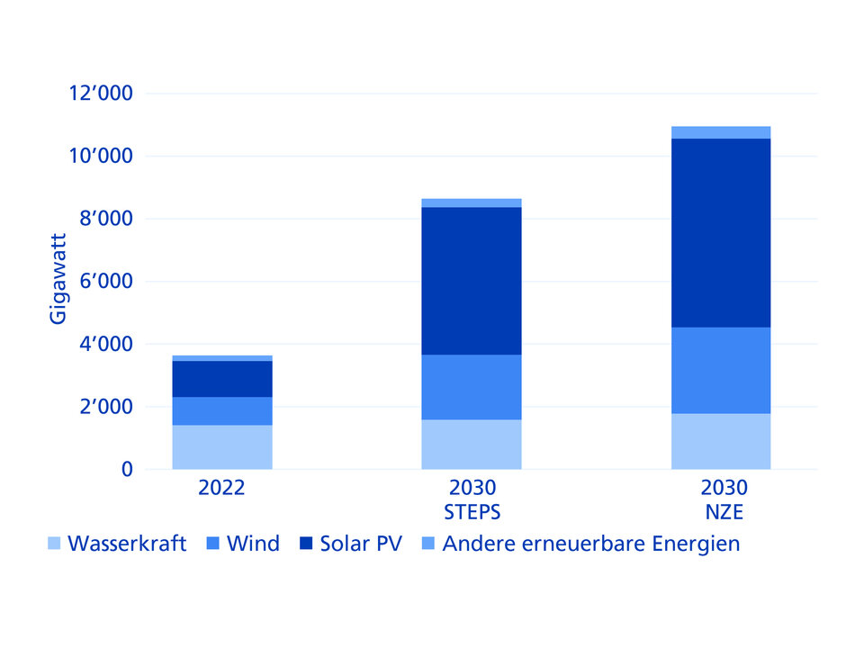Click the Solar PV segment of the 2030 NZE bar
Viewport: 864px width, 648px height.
(x=721, y=232)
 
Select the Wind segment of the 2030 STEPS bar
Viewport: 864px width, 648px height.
(x=472, y=387)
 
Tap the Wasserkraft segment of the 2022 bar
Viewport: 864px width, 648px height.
(x=222, y=446)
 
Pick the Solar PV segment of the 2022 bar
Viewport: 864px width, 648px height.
(x=222, y=379)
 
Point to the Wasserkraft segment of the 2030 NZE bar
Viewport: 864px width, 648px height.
(x=721, y=441)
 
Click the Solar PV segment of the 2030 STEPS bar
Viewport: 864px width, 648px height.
(x=472, y=281)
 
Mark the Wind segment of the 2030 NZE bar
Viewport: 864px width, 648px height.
(x=721, y=370)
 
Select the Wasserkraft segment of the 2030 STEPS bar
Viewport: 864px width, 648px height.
(x=472, y=444)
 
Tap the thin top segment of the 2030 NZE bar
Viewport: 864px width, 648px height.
(x=721, y=132)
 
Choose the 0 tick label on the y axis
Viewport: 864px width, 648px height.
(x=127, y=470)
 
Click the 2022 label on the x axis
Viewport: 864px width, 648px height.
(x=222, y=490)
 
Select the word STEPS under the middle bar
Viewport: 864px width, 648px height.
(x=472, y=512)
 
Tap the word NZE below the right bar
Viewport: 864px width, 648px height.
(x=721, y=512)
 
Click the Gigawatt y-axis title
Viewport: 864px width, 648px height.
(x=58, y=282)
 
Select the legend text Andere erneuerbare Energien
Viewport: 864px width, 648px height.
(x=591, y=544)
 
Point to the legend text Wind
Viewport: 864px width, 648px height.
(x=253, y=544)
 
